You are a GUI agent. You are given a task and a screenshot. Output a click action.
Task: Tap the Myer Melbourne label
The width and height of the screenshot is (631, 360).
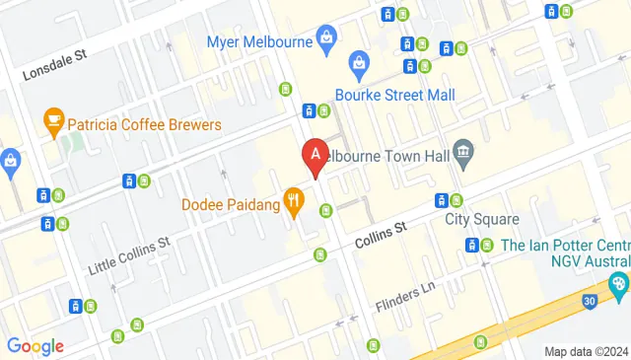[259, 41]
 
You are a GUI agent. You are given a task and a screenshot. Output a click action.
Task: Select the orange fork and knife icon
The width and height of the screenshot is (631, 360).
[293, 204]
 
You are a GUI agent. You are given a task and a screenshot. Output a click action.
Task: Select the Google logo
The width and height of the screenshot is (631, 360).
[35, 345]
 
